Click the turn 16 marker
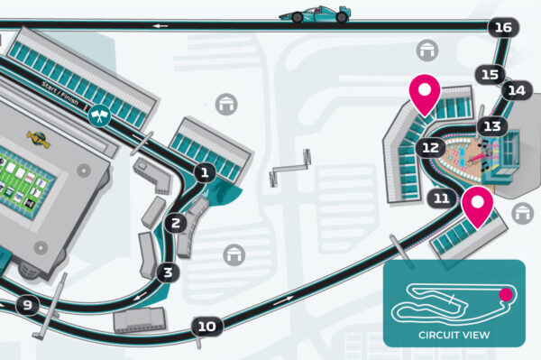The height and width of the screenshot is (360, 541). pos(503,28)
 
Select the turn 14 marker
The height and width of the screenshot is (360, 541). pos(517,90)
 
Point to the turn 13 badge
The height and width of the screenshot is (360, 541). pos(491,126)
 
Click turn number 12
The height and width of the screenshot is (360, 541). pos(430,146)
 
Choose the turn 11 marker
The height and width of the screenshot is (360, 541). pos(441,198)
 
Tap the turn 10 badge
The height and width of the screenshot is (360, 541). pos(207,326)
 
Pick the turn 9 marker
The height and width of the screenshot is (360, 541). pos(27,306)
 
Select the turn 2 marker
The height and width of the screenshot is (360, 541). pos(177,222)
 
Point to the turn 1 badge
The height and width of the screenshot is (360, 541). pos(205,171)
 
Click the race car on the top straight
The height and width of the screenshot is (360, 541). pos(315,14)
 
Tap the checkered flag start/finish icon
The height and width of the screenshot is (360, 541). pos(101,115)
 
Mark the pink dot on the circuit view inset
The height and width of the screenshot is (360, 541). pos(506,293)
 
